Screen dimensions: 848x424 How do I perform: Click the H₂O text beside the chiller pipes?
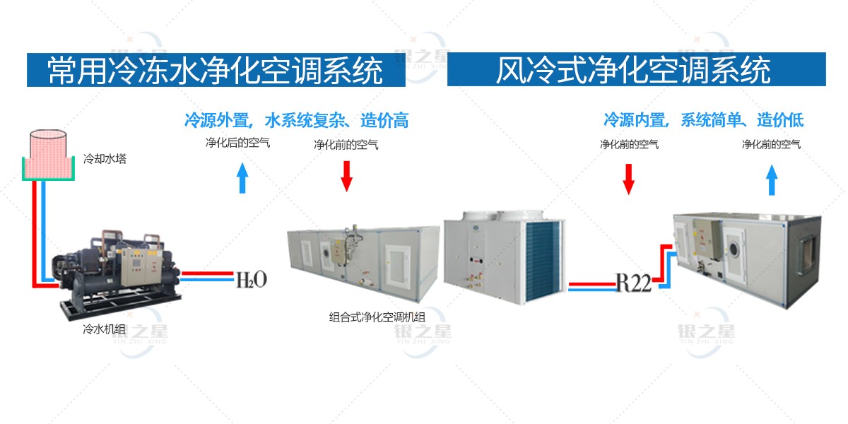252,280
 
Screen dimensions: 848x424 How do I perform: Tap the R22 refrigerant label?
634,283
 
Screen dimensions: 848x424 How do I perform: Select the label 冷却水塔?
105,158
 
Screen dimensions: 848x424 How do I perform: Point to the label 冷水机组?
104,329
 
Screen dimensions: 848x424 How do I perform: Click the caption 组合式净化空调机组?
377,317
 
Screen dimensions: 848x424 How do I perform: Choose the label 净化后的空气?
237,143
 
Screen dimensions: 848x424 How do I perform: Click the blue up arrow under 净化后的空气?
242,177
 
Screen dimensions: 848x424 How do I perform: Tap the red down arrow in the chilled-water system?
346,177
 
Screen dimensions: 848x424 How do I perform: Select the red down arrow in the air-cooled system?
628,179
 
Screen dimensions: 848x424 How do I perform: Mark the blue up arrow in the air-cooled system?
772,179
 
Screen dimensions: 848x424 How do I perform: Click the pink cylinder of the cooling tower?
48,151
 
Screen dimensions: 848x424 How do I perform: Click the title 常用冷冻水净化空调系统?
215,71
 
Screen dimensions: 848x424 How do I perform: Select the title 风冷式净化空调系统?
633,70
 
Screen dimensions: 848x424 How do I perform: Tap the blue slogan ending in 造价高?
296,120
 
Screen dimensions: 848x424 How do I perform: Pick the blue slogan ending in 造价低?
704,120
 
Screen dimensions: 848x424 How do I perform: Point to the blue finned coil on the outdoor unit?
542,261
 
